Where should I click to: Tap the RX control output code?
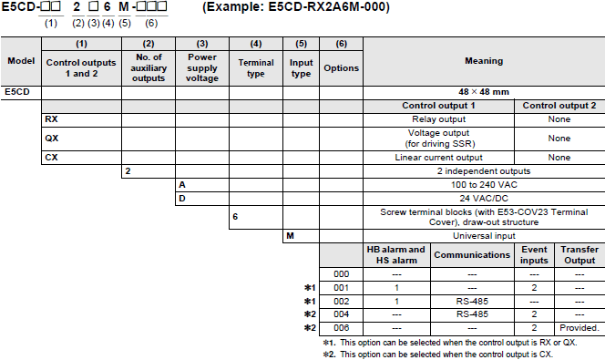[52, 118]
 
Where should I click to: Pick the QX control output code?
[52, 138]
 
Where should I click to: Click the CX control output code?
[52, 158]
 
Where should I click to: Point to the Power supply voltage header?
[201, 67]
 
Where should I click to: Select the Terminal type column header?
[255, 67]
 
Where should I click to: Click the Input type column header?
[300, 67]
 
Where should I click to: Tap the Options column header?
[341, 67]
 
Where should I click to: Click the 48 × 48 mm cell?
[484, 92]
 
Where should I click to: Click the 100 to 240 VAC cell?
[484, 184]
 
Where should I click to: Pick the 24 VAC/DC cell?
[484, 198]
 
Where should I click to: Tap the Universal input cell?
[484, 237]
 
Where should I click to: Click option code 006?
[341, 327]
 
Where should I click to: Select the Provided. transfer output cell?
[579, 327]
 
